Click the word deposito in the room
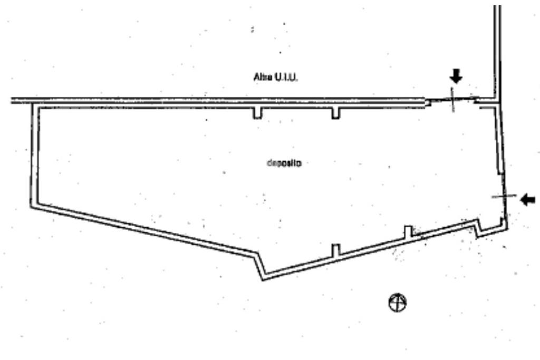pyautogui.click(x=284, y=163)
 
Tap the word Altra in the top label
pyautogui.click(x=262, y=77)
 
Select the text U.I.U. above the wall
pyautogui.click(x=285, y=77)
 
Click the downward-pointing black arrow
pyautogui.click(x=456, y=76)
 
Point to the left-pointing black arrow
pyautogui.click(x=527, y=199)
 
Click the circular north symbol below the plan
pyautogui.click(x=398, y=303)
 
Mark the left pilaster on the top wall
pyautogui.click(x=257, y=113)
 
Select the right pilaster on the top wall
pyautogui.click(x=335, y=113)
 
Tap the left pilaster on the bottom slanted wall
pyautogui.click(x=336, y=250)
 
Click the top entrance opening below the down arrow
pyautogui.click(x=452, y=100)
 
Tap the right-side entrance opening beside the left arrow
pyautogui.click(x=504, y=196)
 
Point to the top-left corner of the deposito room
pyautogui.click(x=35, y=105)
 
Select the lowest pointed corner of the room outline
pyautogui.click(x=263, y=277)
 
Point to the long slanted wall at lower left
pyautogui.click(x=142, y=231)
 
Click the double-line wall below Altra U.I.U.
pyautogui.click(x=211, y=100)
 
